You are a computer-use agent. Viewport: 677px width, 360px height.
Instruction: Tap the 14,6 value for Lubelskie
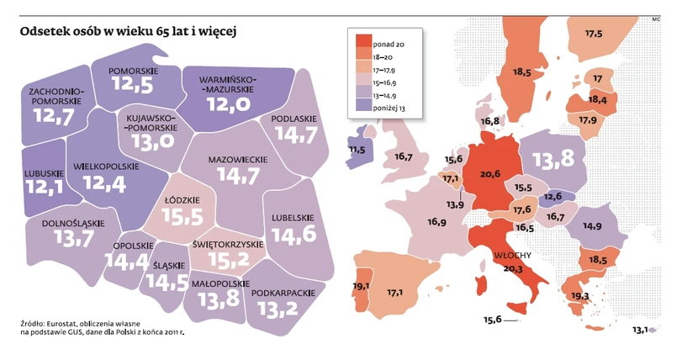(x=294, y=235)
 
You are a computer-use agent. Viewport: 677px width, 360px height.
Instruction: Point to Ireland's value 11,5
(x=357, y=150)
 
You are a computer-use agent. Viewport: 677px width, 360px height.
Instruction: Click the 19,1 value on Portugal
(x=362, y=286)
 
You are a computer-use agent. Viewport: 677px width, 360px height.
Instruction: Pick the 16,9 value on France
(x=436, y=223)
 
